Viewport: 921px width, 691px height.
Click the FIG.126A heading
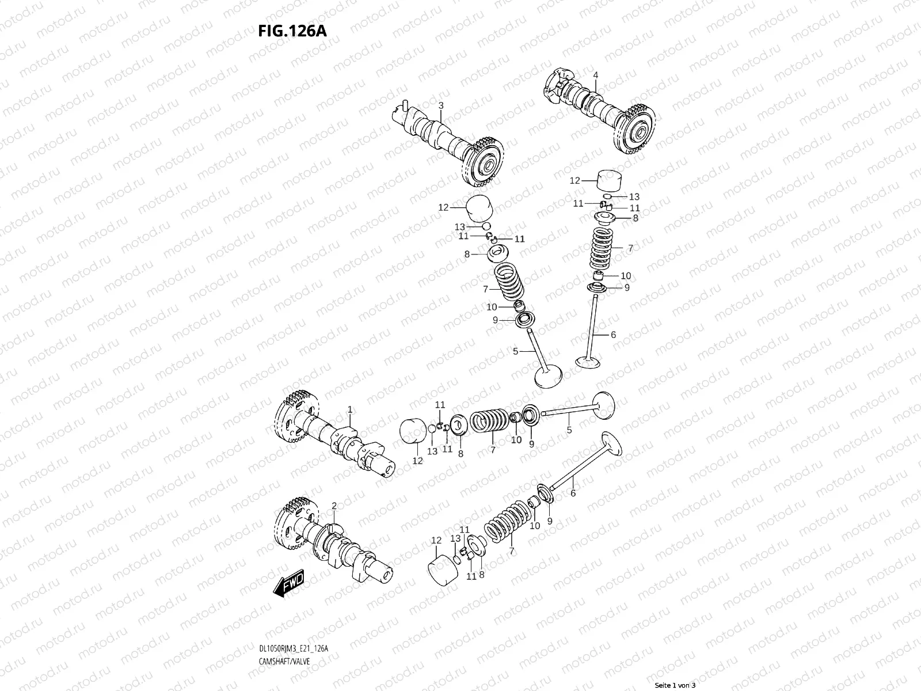coord(292,31)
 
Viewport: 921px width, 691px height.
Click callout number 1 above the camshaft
coord(349,409)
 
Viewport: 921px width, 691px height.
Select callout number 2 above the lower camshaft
coord(334,506)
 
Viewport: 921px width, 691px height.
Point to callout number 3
coord(440,105)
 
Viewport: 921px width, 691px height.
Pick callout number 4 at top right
coord(596,75)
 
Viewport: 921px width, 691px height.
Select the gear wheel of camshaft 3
coord(484,164)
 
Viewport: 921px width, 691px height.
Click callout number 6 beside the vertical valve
coord(613,335)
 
